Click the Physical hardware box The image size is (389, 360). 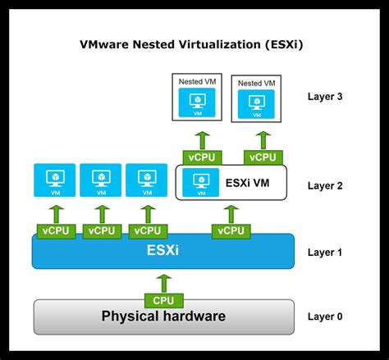[x=163, y=317]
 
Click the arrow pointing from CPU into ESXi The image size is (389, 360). [x=163, y=281]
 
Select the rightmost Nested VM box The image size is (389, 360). [x=255, y=98]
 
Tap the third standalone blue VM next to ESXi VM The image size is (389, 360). [x=146, y=180]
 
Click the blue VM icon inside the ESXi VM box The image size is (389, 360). [x=198, y=182]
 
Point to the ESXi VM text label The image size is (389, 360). [x=249, y=182]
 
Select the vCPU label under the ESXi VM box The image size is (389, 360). [x=229, y=231]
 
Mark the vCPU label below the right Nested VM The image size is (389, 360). [x=263, y=156]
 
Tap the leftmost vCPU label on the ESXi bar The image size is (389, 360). [x=55, y=231]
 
